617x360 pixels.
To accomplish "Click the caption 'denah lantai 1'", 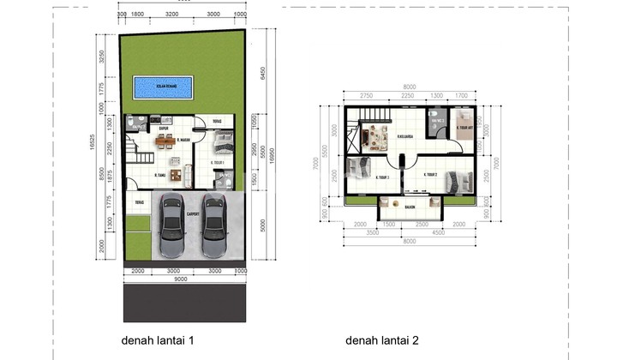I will pos(157,340).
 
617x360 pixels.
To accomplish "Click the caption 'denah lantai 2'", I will pos(382,340).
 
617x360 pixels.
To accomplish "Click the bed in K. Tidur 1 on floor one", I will pos(220,142).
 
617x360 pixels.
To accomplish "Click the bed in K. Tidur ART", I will pos(464,121).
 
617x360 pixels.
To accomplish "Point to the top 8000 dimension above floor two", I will pos(410,85).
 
